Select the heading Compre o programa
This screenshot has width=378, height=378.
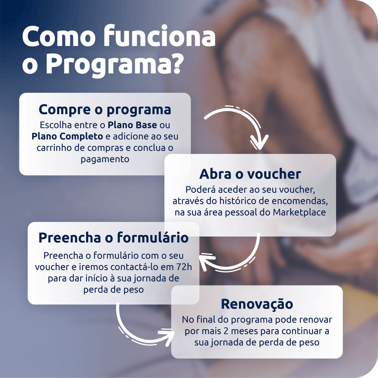pyautogui.click(x=105, y=110)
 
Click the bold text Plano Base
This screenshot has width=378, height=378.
pyautogui.click(x=132, y=125)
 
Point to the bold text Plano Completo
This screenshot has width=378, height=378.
pyautogui.click(x=67, y=137)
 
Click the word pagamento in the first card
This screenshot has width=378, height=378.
pyautogui.click(x=105, y=160)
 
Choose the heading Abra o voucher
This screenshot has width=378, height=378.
pyautogui.click(x=250, y=174)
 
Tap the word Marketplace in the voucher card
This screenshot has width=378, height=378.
pyautogui.click(x=299, y=212)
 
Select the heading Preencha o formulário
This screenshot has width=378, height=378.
pyautogui.click(x=113, y=238)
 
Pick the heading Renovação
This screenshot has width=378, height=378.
pyautogui.click(x=257, y=304)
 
